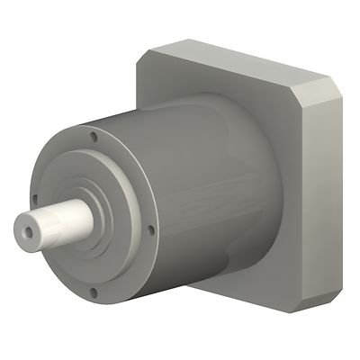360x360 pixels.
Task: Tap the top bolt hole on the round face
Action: point(94,137)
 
